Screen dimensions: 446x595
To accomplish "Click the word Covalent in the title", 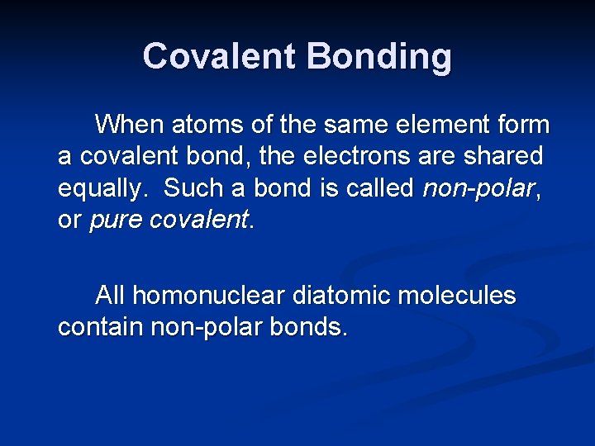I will [219, 57].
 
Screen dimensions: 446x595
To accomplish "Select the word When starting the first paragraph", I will [130, 125].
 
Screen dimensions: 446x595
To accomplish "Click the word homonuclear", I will [213, 295].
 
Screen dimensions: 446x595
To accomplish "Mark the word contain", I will [100, 327].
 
